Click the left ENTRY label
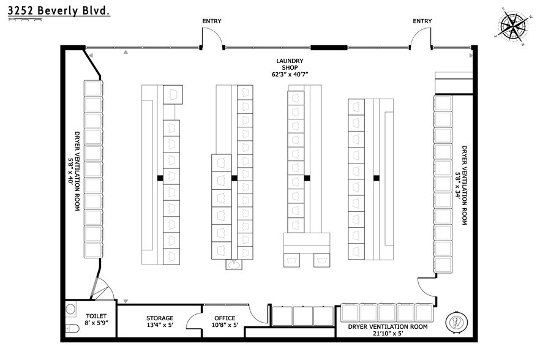point(212,21)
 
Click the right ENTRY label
point(422,21)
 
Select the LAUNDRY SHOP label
point(290,64)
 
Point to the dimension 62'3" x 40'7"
point(290,75)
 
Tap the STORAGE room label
point(159,318)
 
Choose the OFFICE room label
point(225,318)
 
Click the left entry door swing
point(212,40)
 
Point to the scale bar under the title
point(24,20)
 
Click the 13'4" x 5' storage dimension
point(159,326)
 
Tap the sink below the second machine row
point(233,264)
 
